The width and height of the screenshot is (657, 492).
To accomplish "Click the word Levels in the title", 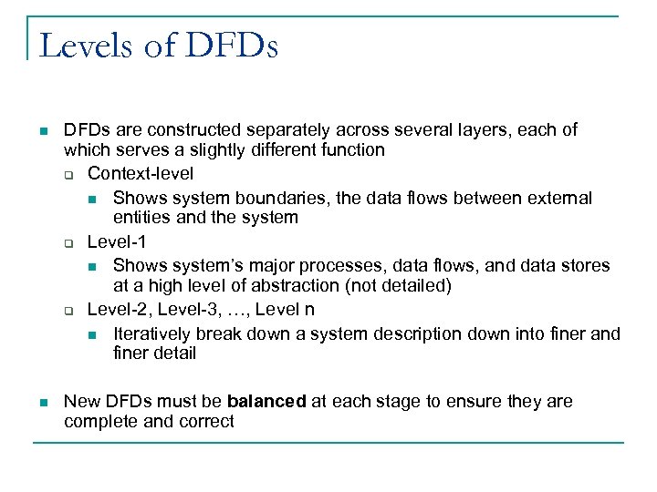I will (x=80, y=45).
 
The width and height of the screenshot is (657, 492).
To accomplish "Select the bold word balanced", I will (x=266, y=402).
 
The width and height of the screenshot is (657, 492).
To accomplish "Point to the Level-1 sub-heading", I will (x=117, y=242).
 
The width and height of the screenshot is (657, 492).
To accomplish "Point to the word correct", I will (x=208, y=422).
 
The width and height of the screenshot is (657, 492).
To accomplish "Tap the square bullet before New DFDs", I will (x=42, y=403).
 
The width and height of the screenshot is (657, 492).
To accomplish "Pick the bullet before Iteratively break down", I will (x=92, y=334).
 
